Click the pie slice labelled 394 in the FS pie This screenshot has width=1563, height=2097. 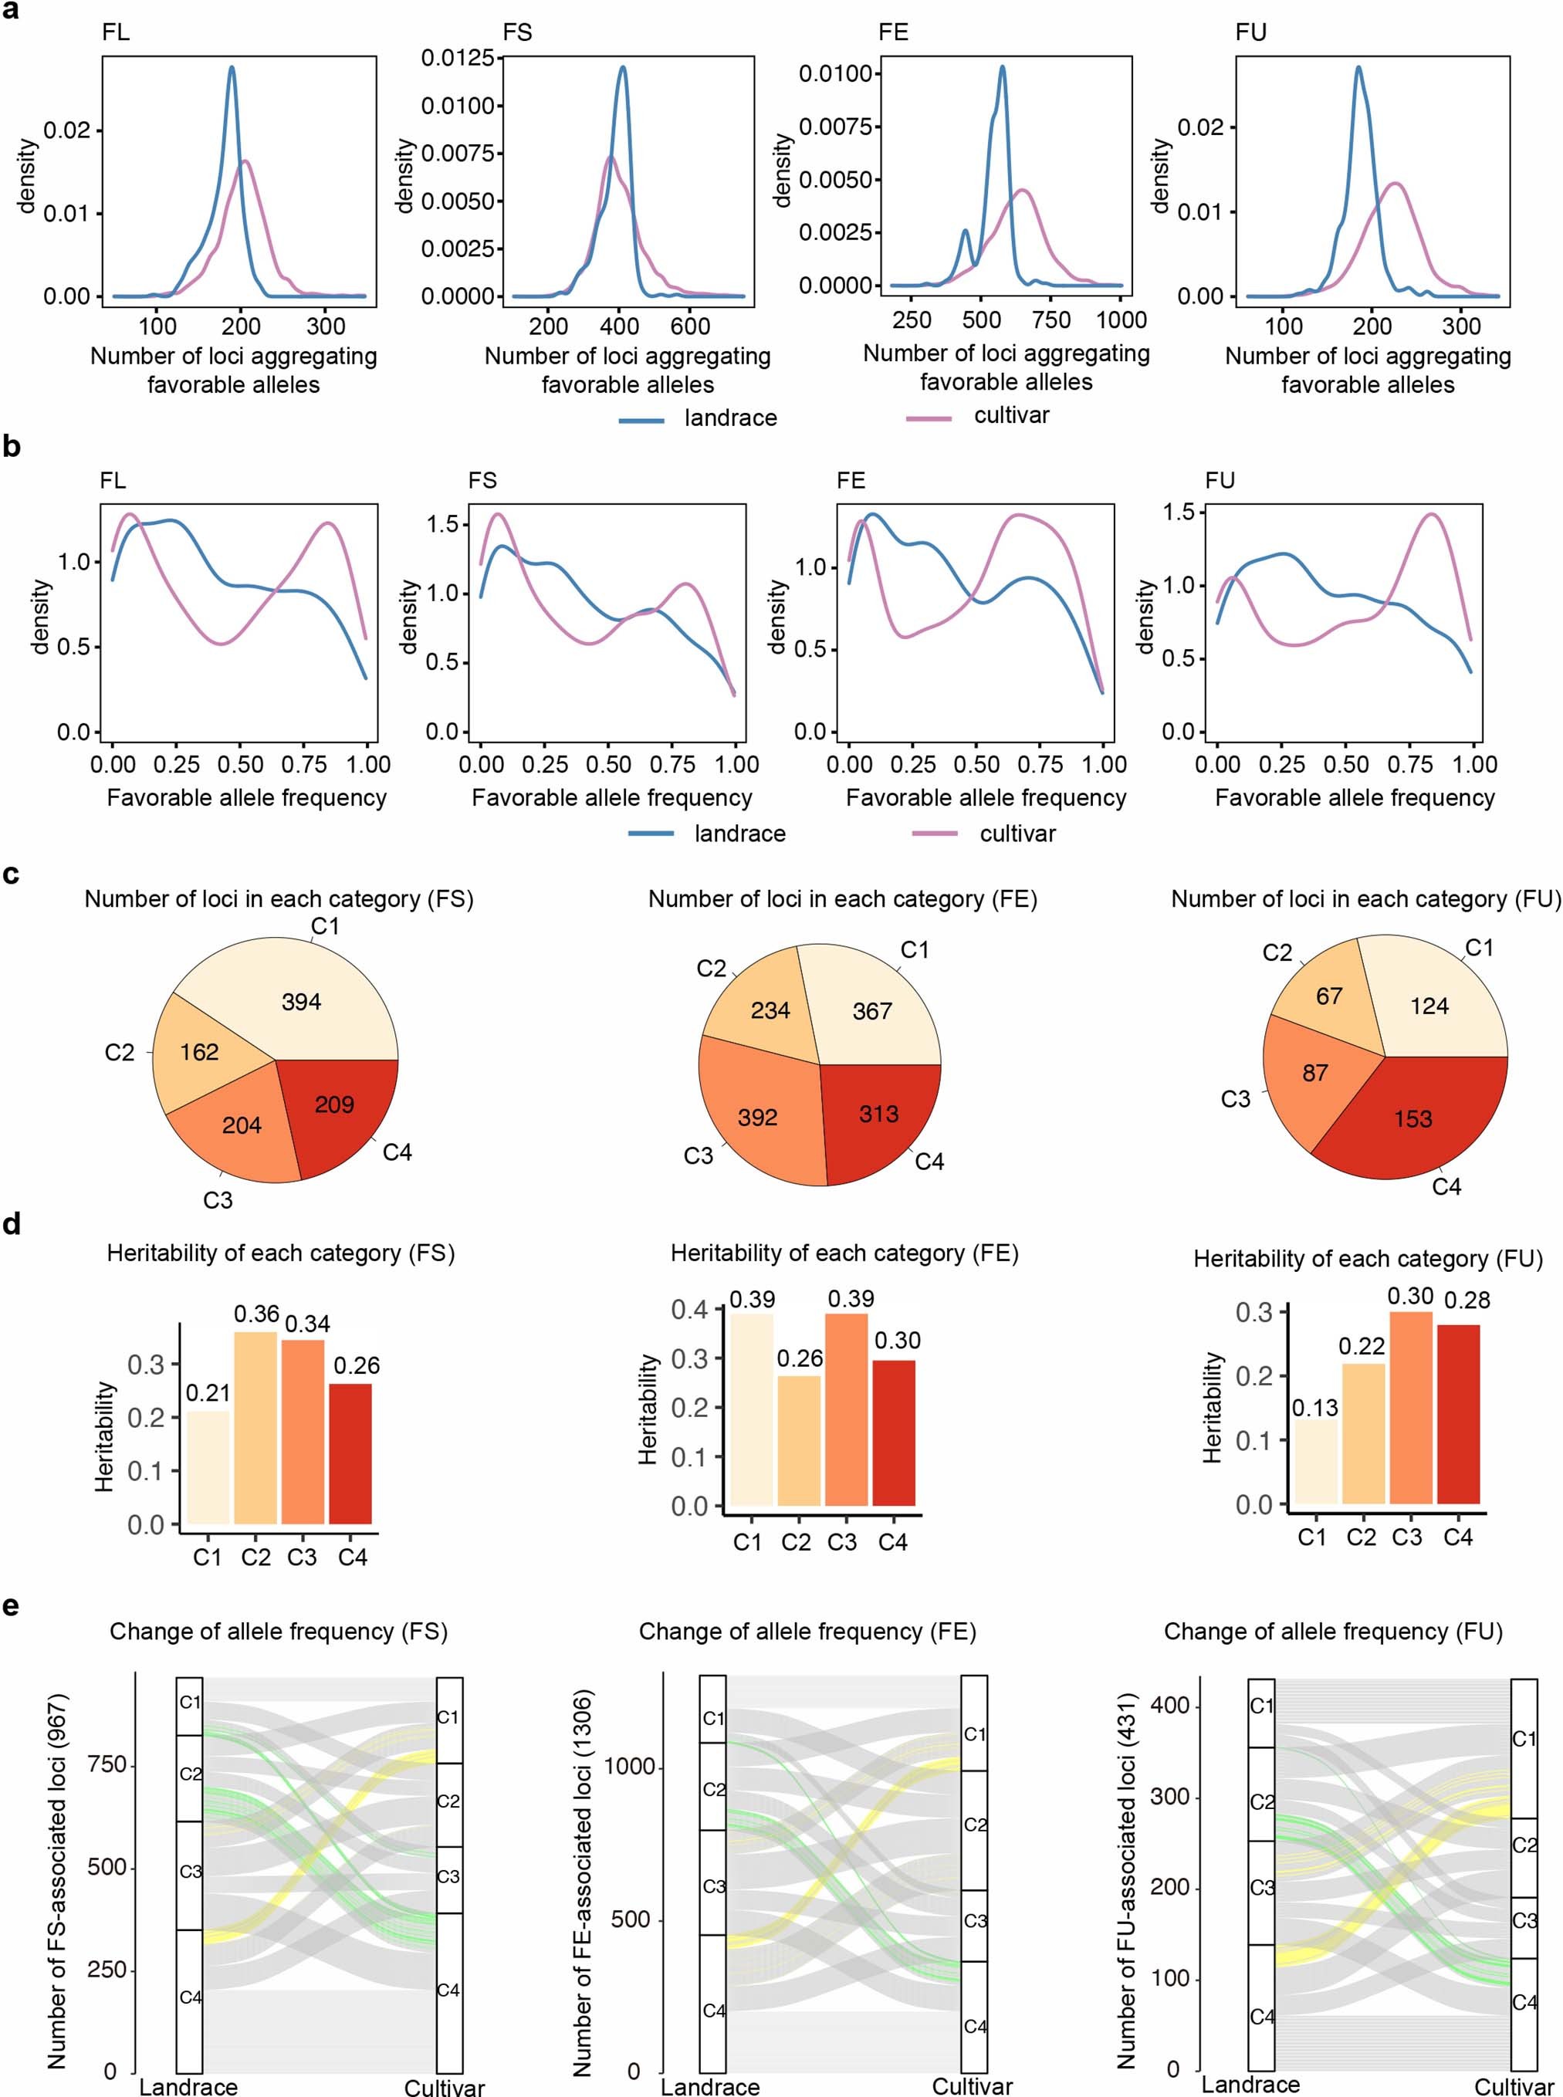pyautogui.click(x=301, y=1002)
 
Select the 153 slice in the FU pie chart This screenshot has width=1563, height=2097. pyautogui.click(x=1412, y=1119)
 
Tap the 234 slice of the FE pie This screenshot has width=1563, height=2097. pyautogui.click(x=770, y=1010)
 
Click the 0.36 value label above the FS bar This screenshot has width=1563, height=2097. pyautogui.click(x=256, y=1314)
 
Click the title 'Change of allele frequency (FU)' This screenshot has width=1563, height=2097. pyautogui.click(x=1332, y=1632)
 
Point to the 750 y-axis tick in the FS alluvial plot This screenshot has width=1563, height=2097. pyautogui.click(x=107, y=1765)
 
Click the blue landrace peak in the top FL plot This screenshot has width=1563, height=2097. pyautogui.click(x=232, y=68)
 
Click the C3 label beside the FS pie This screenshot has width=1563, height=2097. pyautogui.click(x=218, y=1200)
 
